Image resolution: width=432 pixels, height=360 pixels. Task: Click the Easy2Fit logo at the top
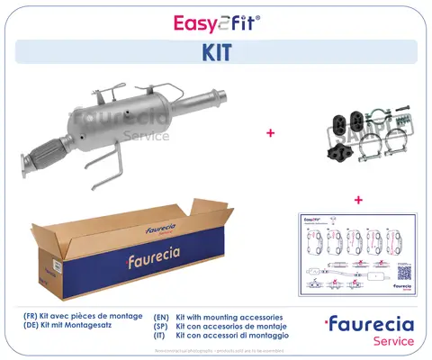[x=216, y=22]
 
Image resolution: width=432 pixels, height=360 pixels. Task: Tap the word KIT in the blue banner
[x=216, y=53]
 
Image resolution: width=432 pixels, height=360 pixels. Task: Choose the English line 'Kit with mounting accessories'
[x=224, y=318]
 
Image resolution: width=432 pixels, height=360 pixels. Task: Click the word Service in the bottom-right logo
[x=388, y=341]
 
